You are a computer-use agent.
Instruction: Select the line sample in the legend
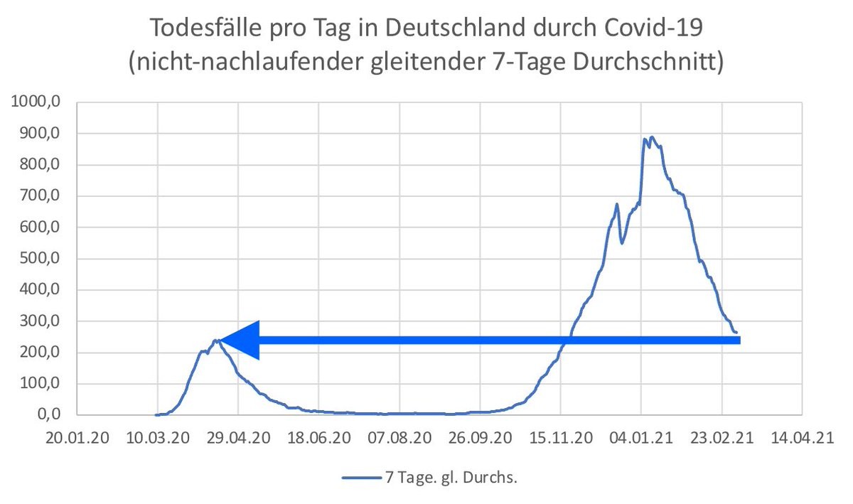360,478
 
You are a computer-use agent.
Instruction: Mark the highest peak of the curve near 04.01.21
652,137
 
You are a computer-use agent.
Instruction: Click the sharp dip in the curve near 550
622,242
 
